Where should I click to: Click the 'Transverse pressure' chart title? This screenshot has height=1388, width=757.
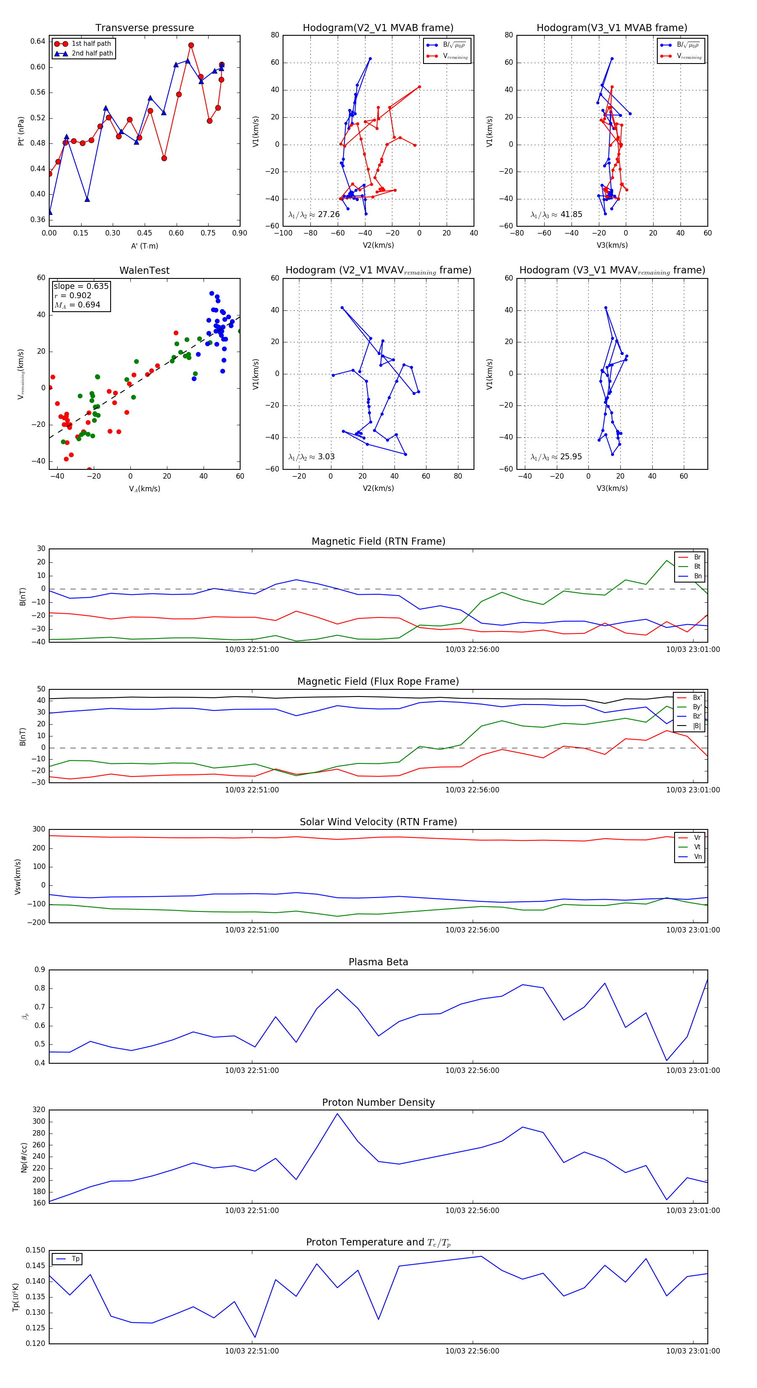click(x=144, y=28)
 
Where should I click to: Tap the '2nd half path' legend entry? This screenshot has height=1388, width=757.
click(x=92, y=53)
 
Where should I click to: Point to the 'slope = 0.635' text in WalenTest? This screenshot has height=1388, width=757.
click(x=81, y=286)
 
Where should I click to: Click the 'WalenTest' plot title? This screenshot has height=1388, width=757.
click(x=144, y=270)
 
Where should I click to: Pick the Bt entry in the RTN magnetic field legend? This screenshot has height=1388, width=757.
click(x=697, y=566)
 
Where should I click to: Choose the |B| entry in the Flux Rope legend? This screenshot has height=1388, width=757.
click(x=696, y=726)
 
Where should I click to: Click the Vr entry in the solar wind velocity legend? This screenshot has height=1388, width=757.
click(x=697, y=838)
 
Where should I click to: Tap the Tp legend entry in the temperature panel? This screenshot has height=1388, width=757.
click(x=75, y=1259)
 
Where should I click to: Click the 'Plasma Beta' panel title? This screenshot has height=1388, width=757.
click(x=378, y=962)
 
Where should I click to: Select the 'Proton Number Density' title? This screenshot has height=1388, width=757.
click(x=378, y=1102)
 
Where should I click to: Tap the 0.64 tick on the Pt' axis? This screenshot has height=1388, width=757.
click(x=38, y=42)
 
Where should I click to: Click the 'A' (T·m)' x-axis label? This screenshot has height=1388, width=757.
click(x=144, y=246)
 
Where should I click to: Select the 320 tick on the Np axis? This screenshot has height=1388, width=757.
click(x=39, y=1110)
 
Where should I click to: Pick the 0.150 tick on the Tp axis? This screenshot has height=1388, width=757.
click(x=36, y=1250)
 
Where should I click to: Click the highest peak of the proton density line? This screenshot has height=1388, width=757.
click(x=337, y=1114)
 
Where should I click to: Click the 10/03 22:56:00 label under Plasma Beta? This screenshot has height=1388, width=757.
click(x=472, y=1070)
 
